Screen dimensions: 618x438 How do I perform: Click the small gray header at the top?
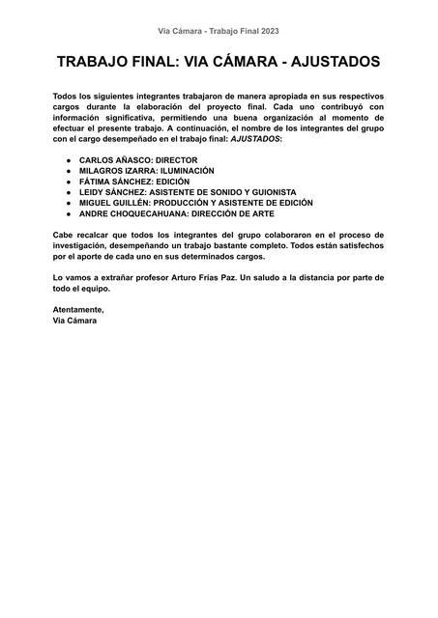(219, 31)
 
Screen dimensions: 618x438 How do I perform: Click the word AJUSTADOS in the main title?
(326, 63)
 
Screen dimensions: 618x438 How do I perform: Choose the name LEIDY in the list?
(94, 192)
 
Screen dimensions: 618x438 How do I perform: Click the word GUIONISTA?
(267, 192)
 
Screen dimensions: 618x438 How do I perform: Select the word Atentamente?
(78, 309)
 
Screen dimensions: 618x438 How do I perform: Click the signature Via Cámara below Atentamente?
(74, 320)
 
